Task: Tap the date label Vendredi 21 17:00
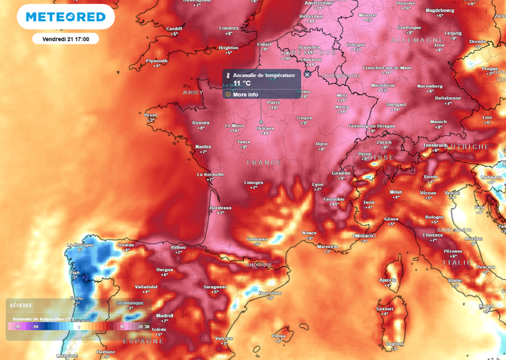coord(65,39)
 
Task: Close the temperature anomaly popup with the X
coord(307,75)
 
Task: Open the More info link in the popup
coord(245,94)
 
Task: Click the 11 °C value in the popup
coord(242,84)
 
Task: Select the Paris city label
coord(273,102)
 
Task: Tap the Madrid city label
coord(164,315)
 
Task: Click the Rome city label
coord(455,280)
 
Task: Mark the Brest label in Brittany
coord(151,115)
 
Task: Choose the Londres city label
coord(228,28)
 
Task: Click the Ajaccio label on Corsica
coord(388,280)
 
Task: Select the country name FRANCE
coord(264,162)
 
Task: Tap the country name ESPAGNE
coord(144,341)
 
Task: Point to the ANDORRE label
coord(258,264)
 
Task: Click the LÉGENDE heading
coord(21,305)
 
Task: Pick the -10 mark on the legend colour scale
coord(36,326)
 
